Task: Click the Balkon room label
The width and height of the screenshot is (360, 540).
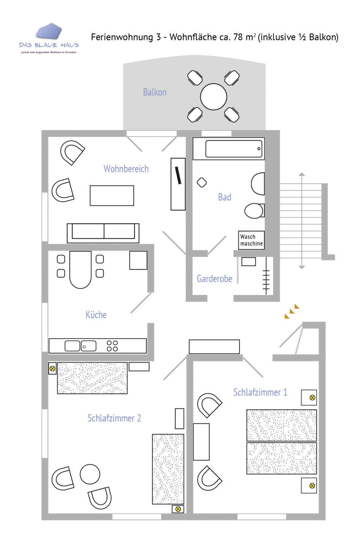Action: [155, 92]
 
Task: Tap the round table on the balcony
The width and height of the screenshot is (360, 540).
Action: [213, 97]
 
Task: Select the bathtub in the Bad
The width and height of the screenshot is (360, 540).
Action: [234, 149]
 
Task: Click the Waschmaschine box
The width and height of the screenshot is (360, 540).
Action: [251, 240]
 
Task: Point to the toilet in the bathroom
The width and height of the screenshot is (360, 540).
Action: [254, 211]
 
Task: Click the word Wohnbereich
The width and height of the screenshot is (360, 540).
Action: [126, 169]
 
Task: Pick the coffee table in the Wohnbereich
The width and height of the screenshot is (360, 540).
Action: [112, 195]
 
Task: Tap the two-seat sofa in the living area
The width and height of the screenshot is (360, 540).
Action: [103, 233]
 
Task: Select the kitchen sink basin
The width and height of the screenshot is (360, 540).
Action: [72, 346]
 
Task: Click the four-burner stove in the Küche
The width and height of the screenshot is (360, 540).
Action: [112, 346]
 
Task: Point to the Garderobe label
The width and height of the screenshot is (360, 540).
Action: [214, 279]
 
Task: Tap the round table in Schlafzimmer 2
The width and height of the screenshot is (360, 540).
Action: [90, 474]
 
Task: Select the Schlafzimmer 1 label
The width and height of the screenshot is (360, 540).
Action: [260, 392]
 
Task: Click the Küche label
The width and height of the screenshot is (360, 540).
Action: [96, 315]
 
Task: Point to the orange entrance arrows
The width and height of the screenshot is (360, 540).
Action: [292, 311]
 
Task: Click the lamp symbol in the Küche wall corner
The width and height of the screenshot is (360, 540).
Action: [52, 368]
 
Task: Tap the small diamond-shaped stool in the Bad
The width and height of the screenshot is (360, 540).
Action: [202, 182]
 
